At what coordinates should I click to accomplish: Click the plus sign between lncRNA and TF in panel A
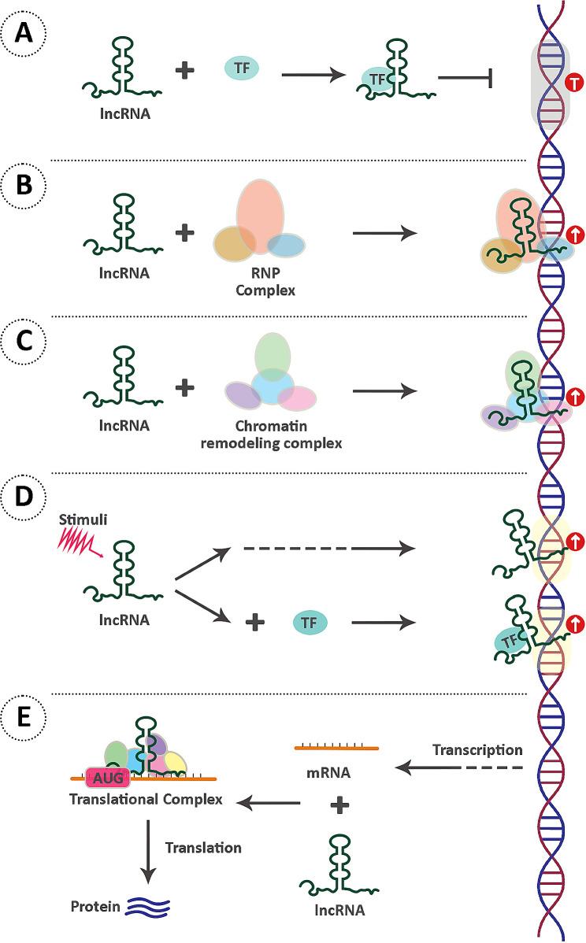[x=184, y=71]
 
